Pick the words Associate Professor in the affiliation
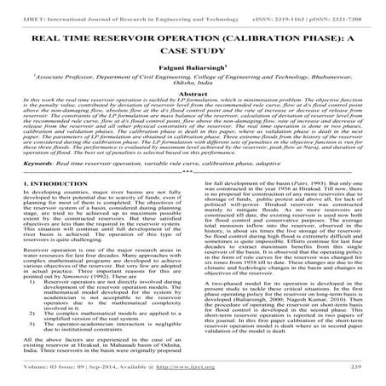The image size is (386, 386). pyautogui.click(x=68, y=84)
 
